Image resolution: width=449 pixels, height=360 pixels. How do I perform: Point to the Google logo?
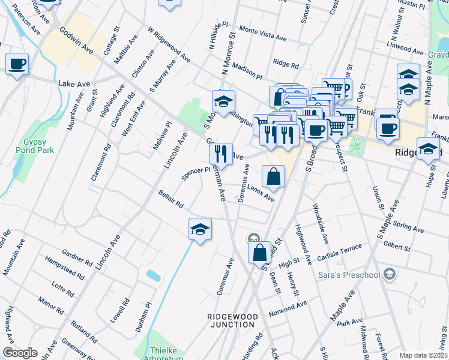pos(20,353)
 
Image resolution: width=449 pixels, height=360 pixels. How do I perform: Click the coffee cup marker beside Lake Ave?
pos(17,64)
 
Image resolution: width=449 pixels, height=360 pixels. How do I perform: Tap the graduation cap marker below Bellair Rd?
pos(200,229)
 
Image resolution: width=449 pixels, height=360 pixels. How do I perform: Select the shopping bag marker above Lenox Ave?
pos(273,176)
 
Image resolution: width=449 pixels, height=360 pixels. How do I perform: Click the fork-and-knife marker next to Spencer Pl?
pos(221,153)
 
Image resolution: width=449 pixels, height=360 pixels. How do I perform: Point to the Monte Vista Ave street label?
pos(263,33)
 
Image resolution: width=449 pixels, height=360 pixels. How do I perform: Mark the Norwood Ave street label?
pos(288,310)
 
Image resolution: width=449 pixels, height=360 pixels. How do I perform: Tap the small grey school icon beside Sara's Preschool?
pos(390,274)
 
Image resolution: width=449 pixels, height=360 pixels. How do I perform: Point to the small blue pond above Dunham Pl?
pos(153,275)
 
